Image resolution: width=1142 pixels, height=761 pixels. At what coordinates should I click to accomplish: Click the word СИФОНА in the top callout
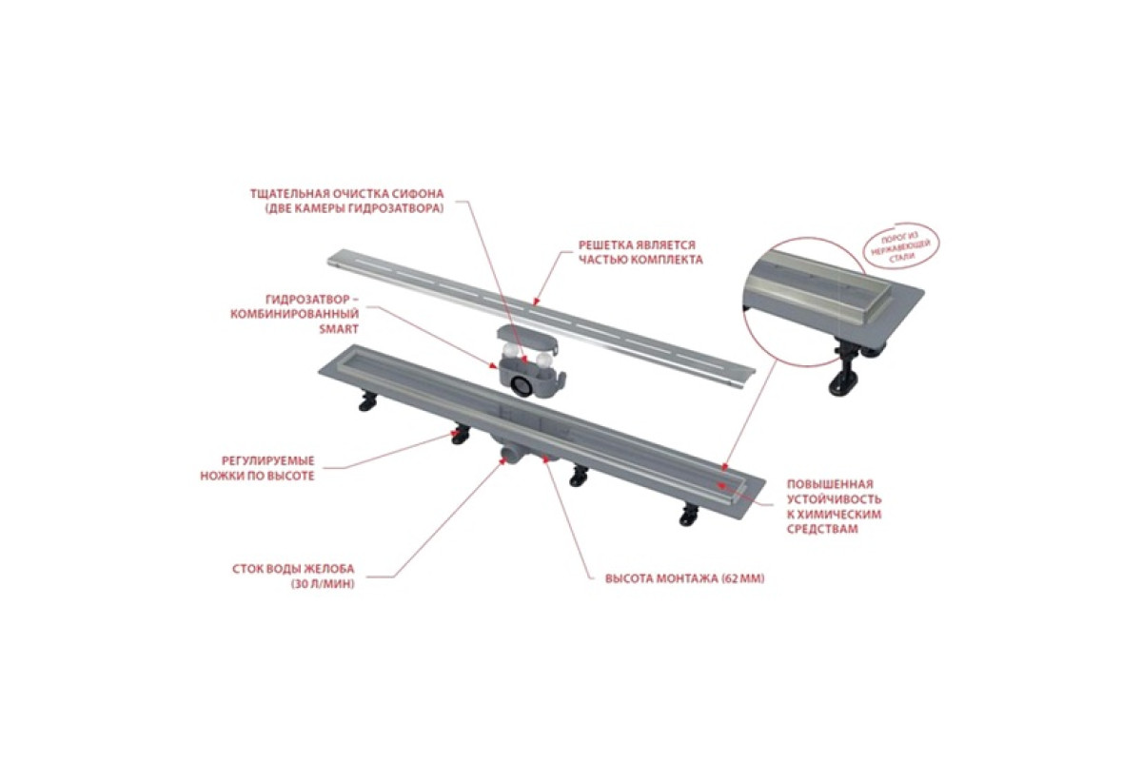pos(419,194)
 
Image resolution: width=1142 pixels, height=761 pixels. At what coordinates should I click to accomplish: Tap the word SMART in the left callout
pos(339,329)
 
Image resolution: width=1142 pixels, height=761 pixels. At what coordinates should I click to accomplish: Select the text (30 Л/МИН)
pos(323,584)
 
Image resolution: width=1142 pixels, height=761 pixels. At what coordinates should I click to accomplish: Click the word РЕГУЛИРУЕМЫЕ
pos(268,460)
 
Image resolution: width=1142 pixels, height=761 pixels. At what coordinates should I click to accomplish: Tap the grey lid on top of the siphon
pos(526,339)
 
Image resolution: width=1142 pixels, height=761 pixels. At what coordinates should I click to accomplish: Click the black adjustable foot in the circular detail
pos(845,368)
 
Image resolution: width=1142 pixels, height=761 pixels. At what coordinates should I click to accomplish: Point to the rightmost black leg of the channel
pos(689,515)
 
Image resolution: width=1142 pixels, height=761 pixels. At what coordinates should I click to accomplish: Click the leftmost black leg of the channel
pos(368,400)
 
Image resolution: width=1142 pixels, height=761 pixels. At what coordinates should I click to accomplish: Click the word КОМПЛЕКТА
pos(666,260)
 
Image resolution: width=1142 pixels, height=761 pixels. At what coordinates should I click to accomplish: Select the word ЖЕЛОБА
pos(328,569)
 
